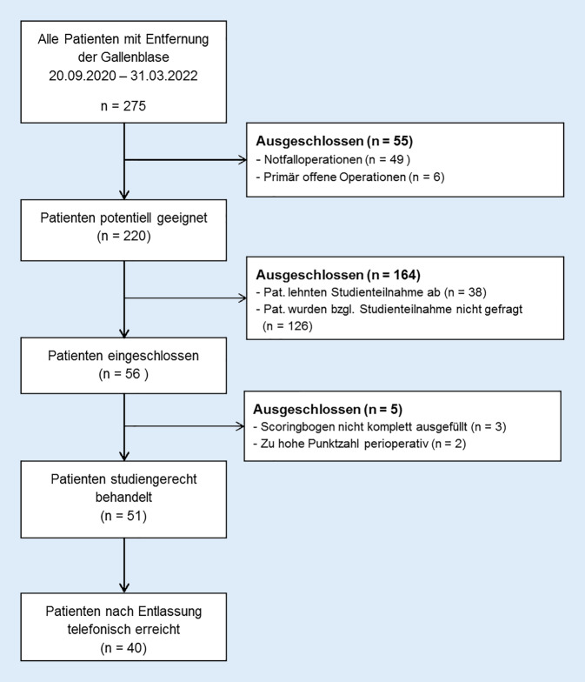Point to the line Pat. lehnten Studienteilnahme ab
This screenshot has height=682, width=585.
click(x=354, y=290)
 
